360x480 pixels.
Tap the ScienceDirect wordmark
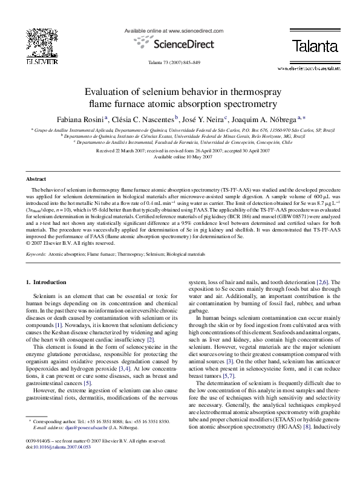(x=180, y=43)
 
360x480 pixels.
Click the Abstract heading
(x=36, y=179)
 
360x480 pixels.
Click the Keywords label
(x=36, y=255)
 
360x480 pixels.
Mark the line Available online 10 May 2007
(x=180, y=156)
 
